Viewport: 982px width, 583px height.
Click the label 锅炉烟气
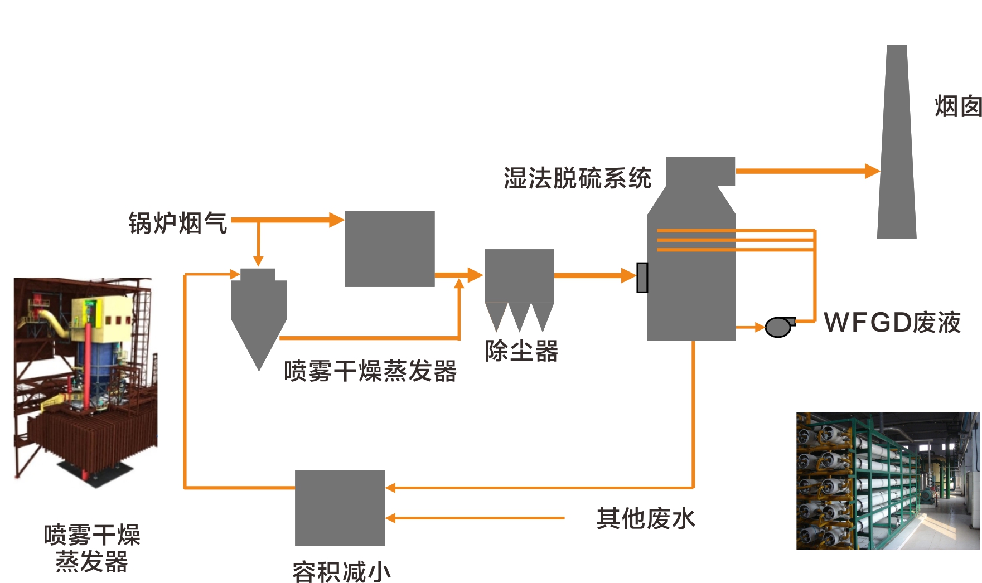click(177, 223)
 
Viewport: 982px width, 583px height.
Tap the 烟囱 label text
click(957, 106)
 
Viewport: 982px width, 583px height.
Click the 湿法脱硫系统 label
click(577, 178)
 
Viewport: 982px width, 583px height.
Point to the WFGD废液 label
click(892, 323)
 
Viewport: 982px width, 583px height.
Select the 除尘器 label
click(521, 351)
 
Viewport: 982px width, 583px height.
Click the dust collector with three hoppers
click(519, 284)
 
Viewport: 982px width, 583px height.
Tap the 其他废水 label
click(646, 519)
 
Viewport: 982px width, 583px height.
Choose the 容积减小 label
click(341, 571)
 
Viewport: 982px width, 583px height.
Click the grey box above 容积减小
click(340, 507)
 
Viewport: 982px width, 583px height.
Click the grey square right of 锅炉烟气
click(390, 249)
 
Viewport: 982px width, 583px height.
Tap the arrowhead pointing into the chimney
click(872, 171)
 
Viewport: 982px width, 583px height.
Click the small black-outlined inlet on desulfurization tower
click(642, 278)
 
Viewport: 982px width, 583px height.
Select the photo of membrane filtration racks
click(888, 480)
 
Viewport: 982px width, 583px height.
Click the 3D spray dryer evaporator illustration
click(85, 379)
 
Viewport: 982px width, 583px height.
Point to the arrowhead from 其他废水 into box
click(390, 518)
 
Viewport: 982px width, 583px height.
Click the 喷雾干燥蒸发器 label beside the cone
click(370, 371)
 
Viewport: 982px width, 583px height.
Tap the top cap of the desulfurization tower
click(700, 171)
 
